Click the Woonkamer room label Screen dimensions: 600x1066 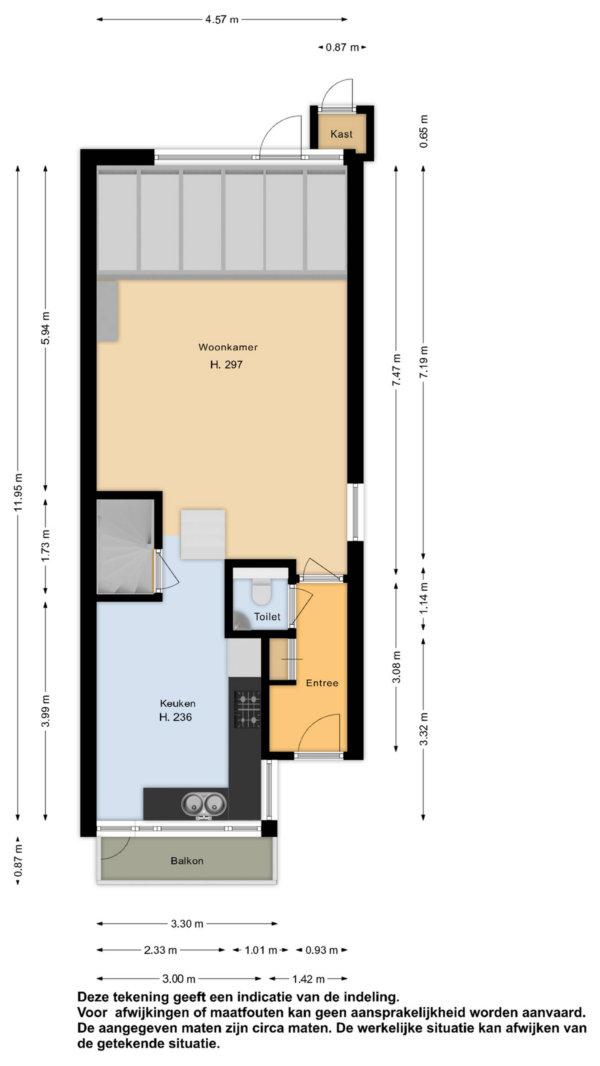[x=228, y=347]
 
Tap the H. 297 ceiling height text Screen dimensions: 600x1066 [x=226, y=365]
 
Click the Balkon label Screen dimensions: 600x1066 [x=187, y=861]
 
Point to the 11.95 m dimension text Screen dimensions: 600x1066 [x=18, y=492]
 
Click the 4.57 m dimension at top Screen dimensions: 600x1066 [x=222, y=20]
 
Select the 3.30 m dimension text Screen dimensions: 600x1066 [x=187, y=924]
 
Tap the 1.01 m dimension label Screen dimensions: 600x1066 [x=260, y=950]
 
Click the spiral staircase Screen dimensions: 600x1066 [x=125, y=546]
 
